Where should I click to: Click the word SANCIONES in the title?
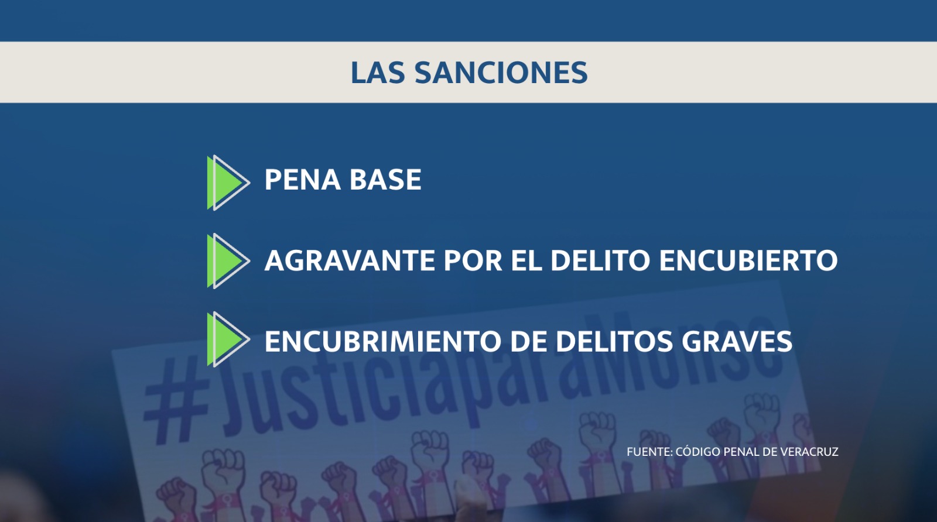click(501, 73)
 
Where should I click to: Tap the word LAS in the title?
click(378, 73)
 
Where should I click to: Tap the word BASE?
click(385, 180)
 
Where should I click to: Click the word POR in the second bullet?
click(473, 260)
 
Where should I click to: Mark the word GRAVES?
click(737, 341)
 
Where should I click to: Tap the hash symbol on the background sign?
click(176, 401)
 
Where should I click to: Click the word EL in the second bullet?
click(526, 260)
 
